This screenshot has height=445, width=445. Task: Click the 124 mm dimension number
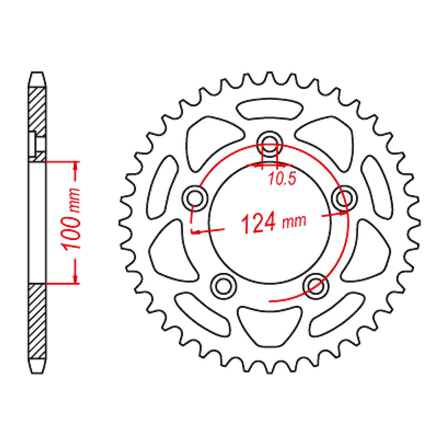(x=258, y=222)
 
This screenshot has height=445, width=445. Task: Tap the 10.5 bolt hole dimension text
(x=282, y=179)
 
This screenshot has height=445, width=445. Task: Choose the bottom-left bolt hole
(x=223, y=286)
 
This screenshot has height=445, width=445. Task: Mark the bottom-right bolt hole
(x=315, y=286)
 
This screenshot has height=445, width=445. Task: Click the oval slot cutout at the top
(x=269, y=109)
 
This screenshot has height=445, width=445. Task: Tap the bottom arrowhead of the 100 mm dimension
(x=75, y=280)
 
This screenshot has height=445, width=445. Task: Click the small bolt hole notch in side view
(x=33, y=144)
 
